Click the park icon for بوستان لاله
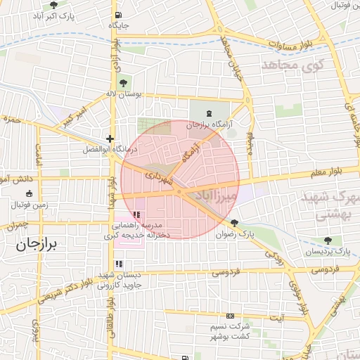click(124, 83)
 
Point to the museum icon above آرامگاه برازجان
click(209, 113)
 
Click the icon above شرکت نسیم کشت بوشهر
click(229, 316)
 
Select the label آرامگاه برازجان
click(210, 124)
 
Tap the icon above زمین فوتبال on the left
click(28, 194)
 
